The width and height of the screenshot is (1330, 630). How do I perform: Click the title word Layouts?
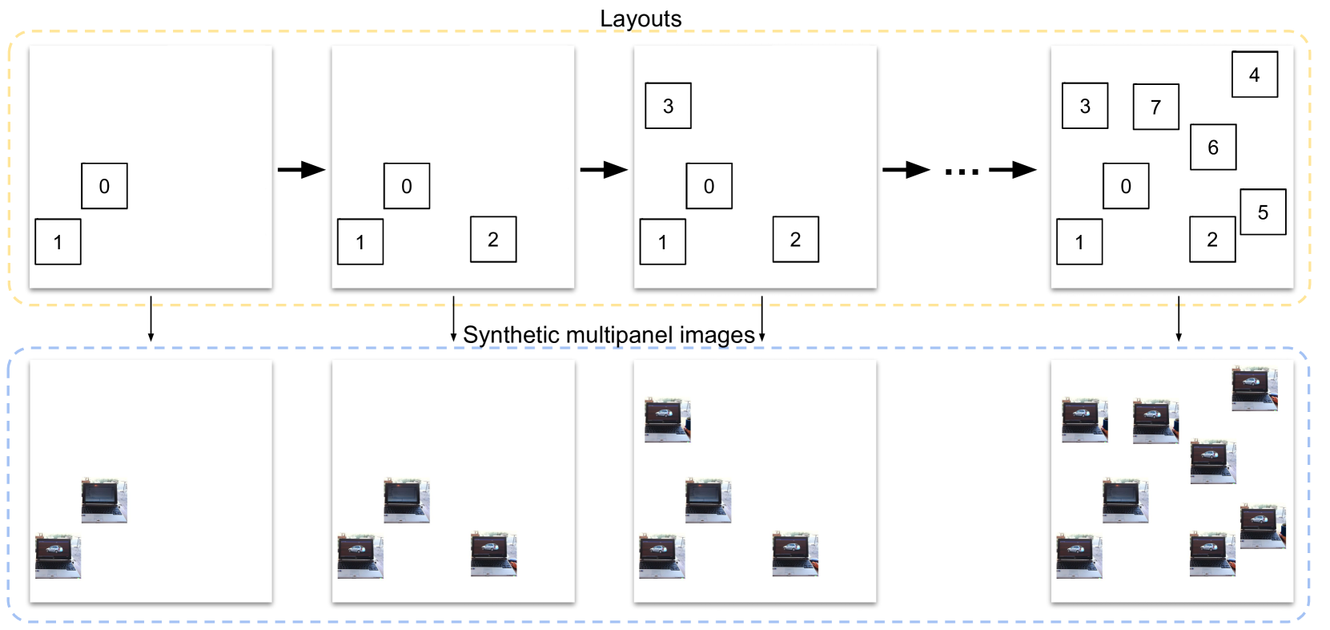(641, 18)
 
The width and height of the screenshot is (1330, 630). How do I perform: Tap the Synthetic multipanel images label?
(609, 335)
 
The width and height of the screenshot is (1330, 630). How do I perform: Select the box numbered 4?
(1255, 75)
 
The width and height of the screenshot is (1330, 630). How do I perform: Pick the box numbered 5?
(1263, 212)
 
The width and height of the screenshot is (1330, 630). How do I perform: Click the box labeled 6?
(1213, 147)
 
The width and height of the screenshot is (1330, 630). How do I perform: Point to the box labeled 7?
(1156, 107)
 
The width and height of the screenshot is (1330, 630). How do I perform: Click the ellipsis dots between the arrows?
(962, 172)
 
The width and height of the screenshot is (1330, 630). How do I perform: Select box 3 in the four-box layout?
(668, 106)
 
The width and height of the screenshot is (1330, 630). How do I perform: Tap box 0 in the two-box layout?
(104, 186)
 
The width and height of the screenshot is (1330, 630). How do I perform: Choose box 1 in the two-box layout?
(58, 242)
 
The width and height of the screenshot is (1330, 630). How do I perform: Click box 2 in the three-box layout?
(492, 240)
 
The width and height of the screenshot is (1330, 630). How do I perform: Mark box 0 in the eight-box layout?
(1126, 186)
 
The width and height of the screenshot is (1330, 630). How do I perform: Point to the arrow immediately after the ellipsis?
(1012, 170)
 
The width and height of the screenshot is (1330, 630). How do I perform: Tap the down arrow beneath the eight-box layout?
(1179, 318)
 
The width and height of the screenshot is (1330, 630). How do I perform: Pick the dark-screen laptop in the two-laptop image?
(104, 500)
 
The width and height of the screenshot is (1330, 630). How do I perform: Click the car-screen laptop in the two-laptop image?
(58, 556)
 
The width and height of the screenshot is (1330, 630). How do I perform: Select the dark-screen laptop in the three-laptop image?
(407, 500)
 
